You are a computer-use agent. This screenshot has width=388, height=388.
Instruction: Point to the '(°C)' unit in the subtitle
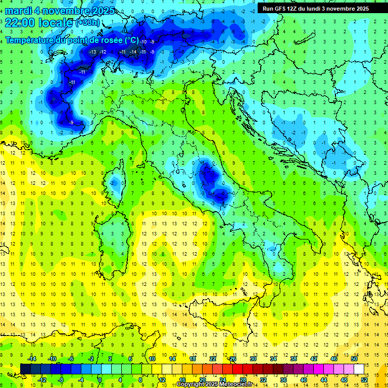pos(131,40)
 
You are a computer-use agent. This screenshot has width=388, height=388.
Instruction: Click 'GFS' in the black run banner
pos(281,9)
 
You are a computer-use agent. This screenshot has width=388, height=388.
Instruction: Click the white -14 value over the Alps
pos(133,52)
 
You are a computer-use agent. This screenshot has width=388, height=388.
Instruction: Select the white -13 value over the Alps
pos(92,52)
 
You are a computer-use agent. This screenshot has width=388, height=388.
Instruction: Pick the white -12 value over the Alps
pos(103,52)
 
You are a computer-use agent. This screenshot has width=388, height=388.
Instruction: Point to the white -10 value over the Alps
pos(143,41)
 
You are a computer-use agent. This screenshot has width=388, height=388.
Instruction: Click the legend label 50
pos(354,358)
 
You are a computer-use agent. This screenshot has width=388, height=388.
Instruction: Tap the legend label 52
pos(364,380)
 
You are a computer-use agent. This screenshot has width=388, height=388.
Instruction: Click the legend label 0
pos(101,380)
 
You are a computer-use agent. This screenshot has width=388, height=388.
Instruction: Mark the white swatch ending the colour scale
pos(359,369)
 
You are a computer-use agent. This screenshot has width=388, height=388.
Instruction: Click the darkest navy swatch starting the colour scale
pos(25,369)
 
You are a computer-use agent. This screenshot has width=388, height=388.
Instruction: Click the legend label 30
pos(253,358)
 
